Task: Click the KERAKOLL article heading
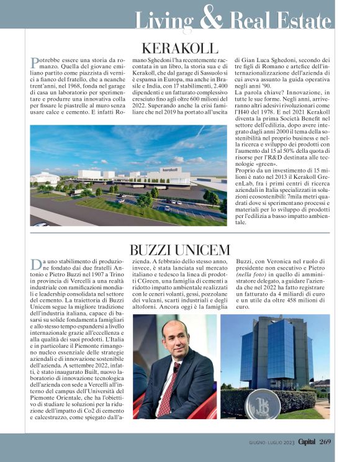tap(180, 48)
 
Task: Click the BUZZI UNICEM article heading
tap(179, 250)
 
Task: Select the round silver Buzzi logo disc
tap(263, 404)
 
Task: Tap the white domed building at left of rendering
tap(43, 178)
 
